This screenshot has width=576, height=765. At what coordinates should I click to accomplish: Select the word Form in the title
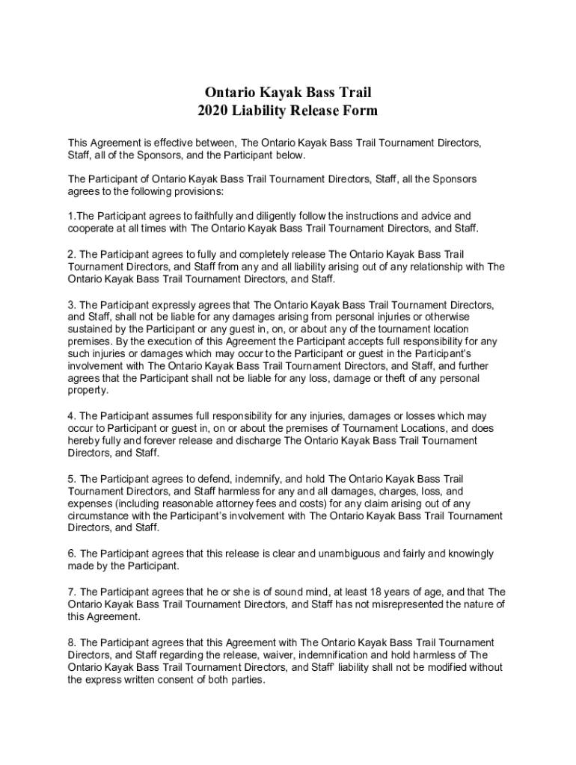point(361,111)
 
